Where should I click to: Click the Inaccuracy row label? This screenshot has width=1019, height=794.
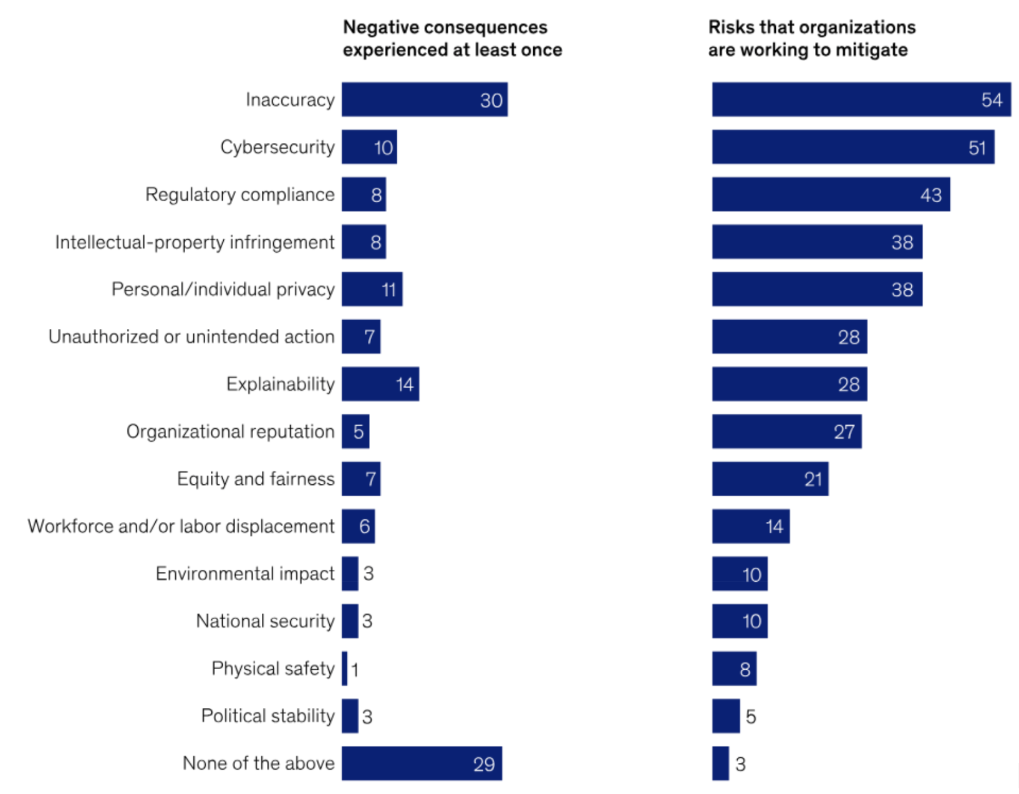(290, 100)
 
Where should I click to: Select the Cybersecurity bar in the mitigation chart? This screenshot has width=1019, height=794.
(852, 147)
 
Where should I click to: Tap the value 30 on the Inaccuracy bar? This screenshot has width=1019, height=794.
(491, 100)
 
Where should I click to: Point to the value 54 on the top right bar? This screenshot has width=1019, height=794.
(992, 100)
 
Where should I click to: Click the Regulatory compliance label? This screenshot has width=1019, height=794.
(239, 195)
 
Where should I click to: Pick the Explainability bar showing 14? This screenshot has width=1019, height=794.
(380, 384)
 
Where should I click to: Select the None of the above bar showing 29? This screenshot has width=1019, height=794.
(421, 763)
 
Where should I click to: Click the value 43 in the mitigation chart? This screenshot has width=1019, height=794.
(930, 195)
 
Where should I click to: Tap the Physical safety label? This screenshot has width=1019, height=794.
(273, 669)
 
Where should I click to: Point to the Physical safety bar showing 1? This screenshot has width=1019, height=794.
(345, 669)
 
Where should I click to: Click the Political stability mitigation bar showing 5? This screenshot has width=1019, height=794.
(726, 716)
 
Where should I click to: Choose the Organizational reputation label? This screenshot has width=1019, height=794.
(230, 431)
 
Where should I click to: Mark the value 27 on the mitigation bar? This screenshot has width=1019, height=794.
(844, 432)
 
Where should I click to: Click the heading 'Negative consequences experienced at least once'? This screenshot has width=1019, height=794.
(452, 38)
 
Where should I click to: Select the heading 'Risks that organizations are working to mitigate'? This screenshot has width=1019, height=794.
(811, 38)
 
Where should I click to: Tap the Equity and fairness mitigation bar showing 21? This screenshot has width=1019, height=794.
(770, 479)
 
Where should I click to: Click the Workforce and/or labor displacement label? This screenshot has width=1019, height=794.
(181, 526)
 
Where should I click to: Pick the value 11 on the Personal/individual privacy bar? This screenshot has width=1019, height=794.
(389, 290)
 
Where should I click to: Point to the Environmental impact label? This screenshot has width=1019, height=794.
(245, 574)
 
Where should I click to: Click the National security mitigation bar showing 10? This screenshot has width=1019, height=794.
(740, 621)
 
